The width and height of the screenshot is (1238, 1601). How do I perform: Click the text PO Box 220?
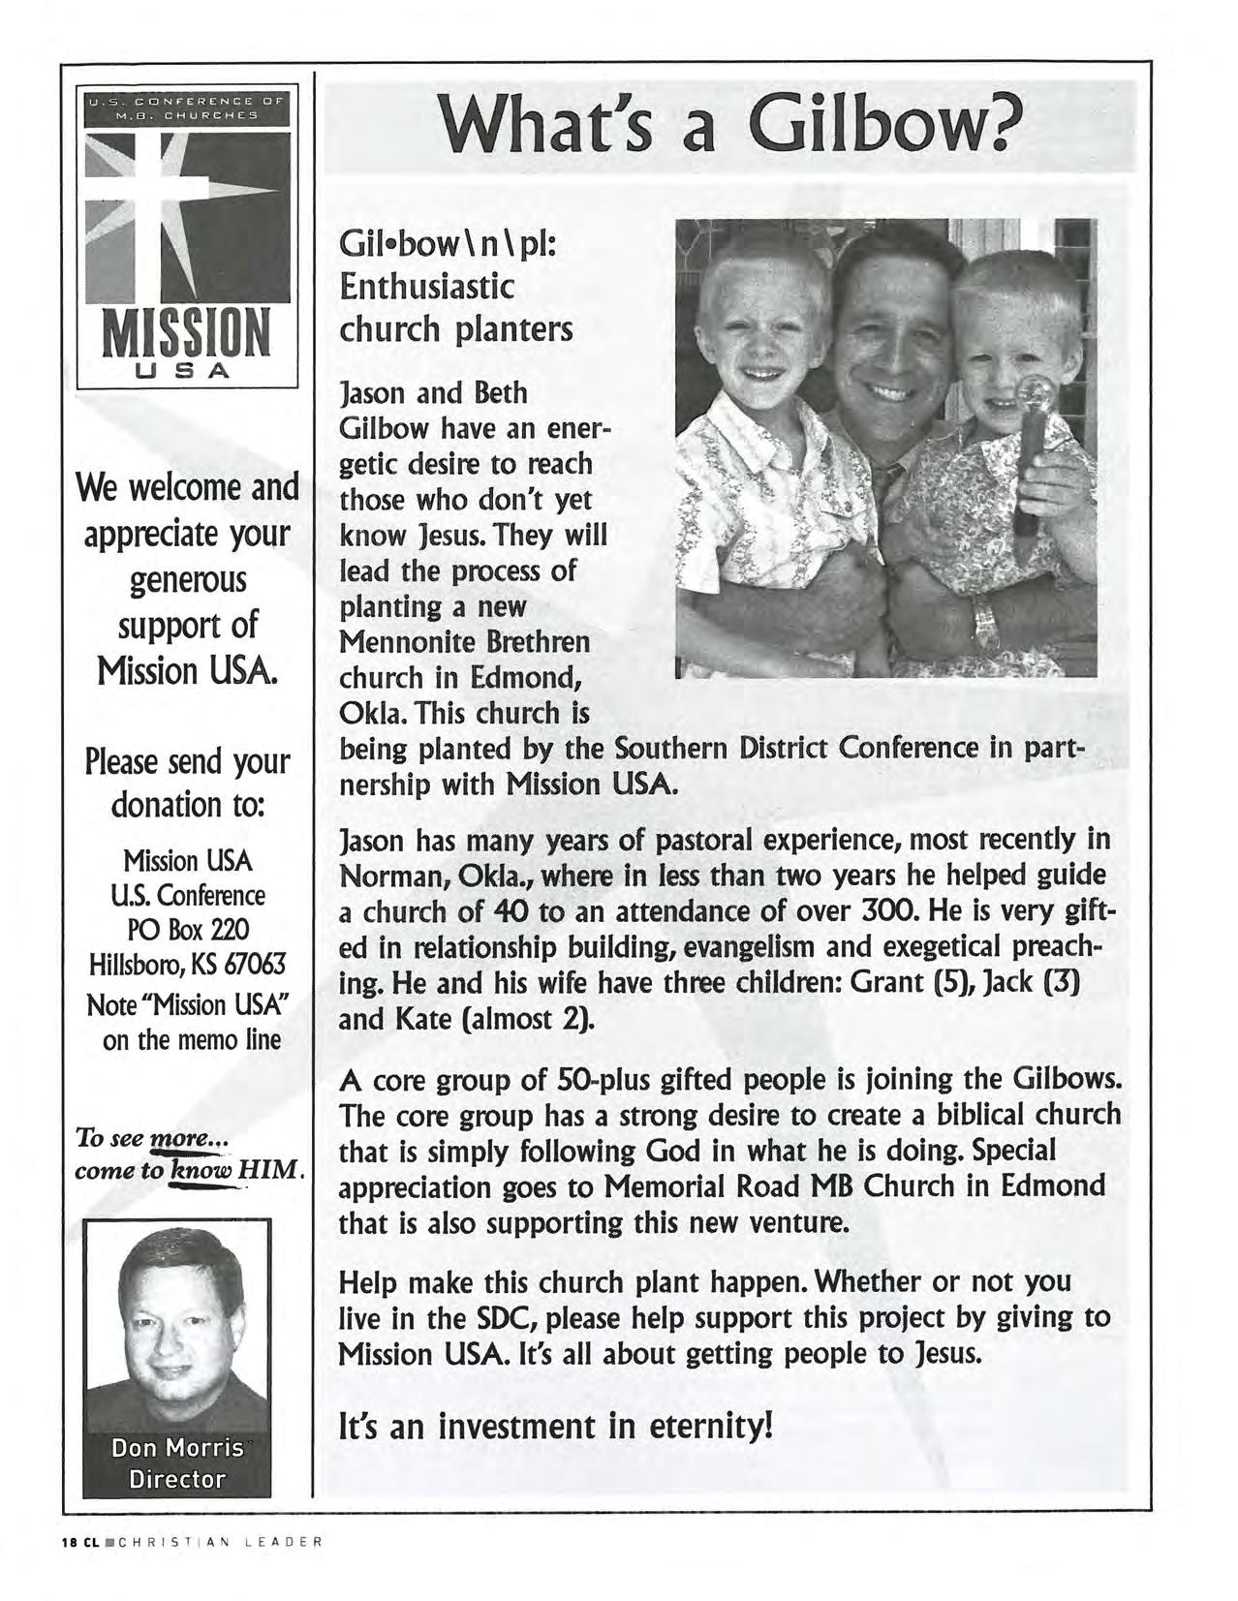188,930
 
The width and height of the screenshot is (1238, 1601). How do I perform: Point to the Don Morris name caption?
177,1448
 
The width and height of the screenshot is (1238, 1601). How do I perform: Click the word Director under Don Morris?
177,1479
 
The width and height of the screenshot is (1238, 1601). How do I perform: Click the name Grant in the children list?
883,983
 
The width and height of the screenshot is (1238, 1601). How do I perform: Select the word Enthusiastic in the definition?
426,288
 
